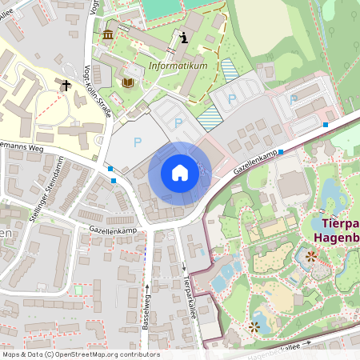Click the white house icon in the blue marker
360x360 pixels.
(x=179, y=173)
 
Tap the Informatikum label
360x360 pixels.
(x=178, y=66)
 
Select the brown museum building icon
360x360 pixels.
(x=108, y=34)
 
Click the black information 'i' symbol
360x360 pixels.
(x=185, y=37)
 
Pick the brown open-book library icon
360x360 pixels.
(x=127, y=82)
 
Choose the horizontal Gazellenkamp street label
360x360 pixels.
(x=114, y=228)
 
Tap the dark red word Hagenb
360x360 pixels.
(x=335, y=238)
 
